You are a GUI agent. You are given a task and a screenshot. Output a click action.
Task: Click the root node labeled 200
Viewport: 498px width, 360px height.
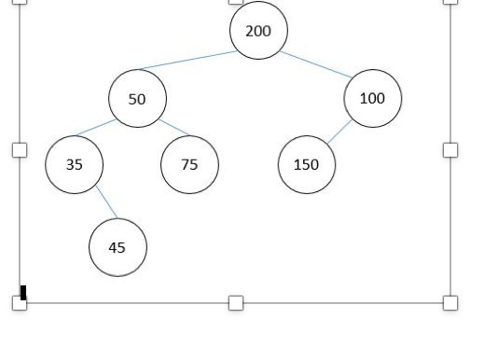(258, 31)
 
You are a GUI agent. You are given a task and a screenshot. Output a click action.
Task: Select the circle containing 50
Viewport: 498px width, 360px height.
(137, 98)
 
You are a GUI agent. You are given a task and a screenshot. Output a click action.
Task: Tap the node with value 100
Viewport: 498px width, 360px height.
(372, 98)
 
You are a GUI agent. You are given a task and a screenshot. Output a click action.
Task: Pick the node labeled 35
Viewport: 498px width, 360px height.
(74, 164)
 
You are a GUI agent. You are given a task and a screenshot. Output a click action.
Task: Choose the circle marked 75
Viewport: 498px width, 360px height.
(189, 164)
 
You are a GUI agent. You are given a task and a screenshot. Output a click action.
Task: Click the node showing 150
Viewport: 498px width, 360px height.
(306, 164)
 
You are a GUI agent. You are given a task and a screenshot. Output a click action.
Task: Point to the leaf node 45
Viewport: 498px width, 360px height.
(118, 247)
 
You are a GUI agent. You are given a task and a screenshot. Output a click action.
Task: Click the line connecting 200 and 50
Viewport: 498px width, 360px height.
(187, 60)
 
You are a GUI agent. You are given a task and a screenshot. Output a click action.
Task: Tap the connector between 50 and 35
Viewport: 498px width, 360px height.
(96, 128)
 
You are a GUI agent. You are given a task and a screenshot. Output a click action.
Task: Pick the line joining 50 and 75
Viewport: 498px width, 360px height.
(174, 128)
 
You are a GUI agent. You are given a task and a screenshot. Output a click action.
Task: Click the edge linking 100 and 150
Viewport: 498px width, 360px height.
(339, 132)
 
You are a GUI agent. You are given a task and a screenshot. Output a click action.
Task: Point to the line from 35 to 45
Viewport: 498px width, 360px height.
(106, 202)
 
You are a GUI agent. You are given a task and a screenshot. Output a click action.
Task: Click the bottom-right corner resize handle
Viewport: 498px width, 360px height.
(450, 302)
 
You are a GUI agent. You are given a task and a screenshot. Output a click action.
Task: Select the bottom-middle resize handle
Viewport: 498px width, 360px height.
(236, 302)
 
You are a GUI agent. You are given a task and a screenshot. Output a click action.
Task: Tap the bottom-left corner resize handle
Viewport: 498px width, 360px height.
(20, 303)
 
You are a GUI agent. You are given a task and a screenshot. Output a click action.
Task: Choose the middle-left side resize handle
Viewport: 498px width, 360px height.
(20, 149)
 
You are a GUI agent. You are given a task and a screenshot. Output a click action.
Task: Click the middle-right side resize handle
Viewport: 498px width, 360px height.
(450, 149)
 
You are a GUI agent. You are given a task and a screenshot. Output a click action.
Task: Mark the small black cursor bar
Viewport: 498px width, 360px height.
(23, 293)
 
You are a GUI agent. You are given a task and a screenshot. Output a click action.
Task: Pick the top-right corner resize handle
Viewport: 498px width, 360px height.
(450, 1)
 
